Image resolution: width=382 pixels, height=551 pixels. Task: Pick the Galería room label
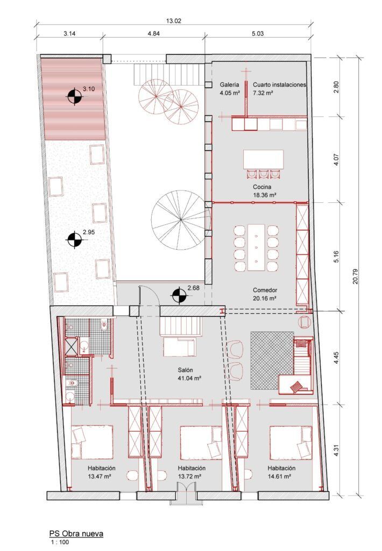click(229, 85)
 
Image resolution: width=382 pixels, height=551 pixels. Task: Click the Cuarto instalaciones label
click(279, 85)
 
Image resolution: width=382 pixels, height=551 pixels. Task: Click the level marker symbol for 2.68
click(179, 295)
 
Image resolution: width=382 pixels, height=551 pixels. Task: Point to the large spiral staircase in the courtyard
click(180, 218)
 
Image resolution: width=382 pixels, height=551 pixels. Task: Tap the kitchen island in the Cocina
click(263, 159)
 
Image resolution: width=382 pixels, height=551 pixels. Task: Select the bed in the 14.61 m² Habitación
click(291, 442)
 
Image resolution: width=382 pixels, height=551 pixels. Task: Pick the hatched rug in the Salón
click(272, 359)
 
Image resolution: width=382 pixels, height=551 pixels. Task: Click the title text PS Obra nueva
click(76, 533)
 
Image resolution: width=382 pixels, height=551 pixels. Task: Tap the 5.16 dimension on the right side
click(337, 257)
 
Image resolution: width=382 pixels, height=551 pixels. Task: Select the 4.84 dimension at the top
click(153, 33)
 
